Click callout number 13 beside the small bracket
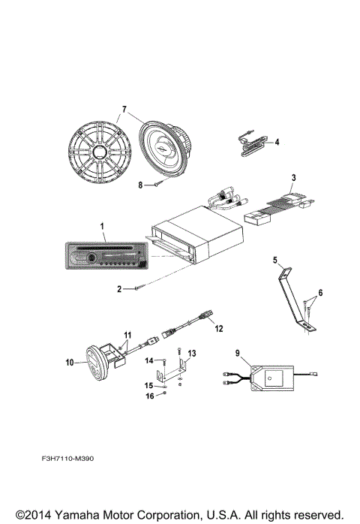pos(192,352)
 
